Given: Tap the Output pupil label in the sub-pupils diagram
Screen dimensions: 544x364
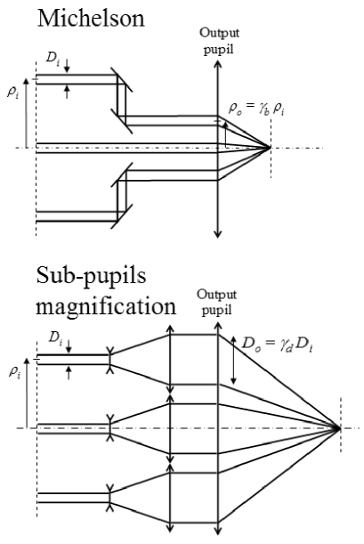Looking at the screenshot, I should pyautogui.click(x=216, y=302).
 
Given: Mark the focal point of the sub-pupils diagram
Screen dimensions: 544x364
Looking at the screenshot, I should pyautogui.click(x=339, y=428).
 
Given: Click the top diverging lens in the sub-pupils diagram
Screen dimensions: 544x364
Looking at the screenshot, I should pyautogui.click(x=109, y=360).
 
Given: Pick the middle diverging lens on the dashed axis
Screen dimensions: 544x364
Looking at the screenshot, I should pyautogui.click(x=109, y=428).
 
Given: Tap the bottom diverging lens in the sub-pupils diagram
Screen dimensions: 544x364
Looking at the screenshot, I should pyautogui.click(x=109, y=497).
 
